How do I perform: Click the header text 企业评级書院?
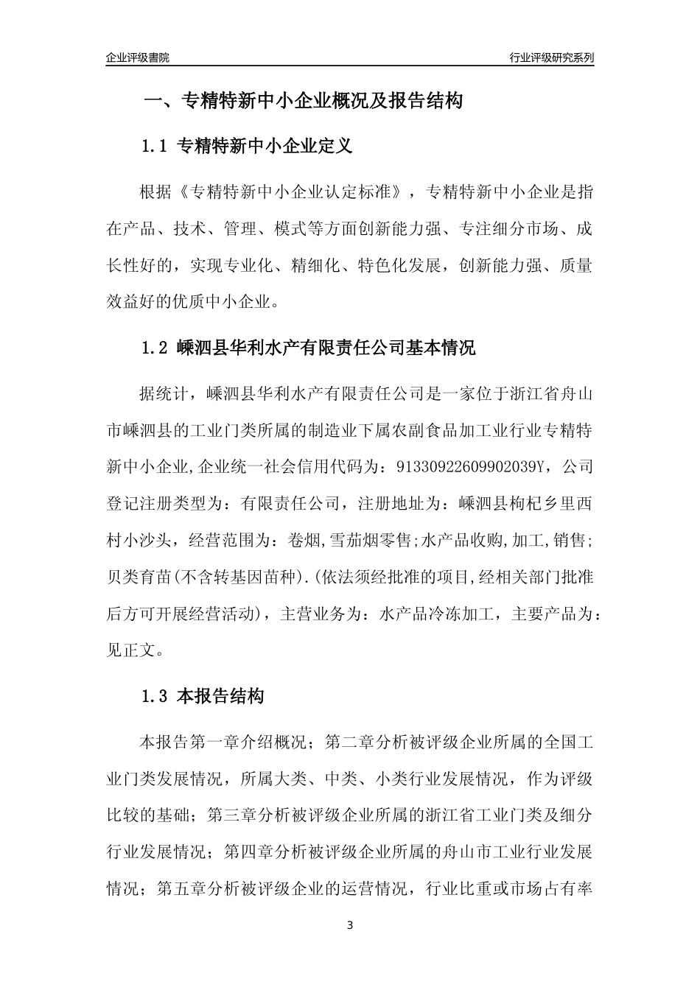click(138, 57)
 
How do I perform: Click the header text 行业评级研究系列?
click(551, 57)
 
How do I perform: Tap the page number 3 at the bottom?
click(350, 925)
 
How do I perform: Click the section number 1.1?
click(156, 146)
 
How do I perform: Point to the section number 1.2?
click(156, 348)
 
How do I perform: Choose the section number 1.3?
click(156, 696)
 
